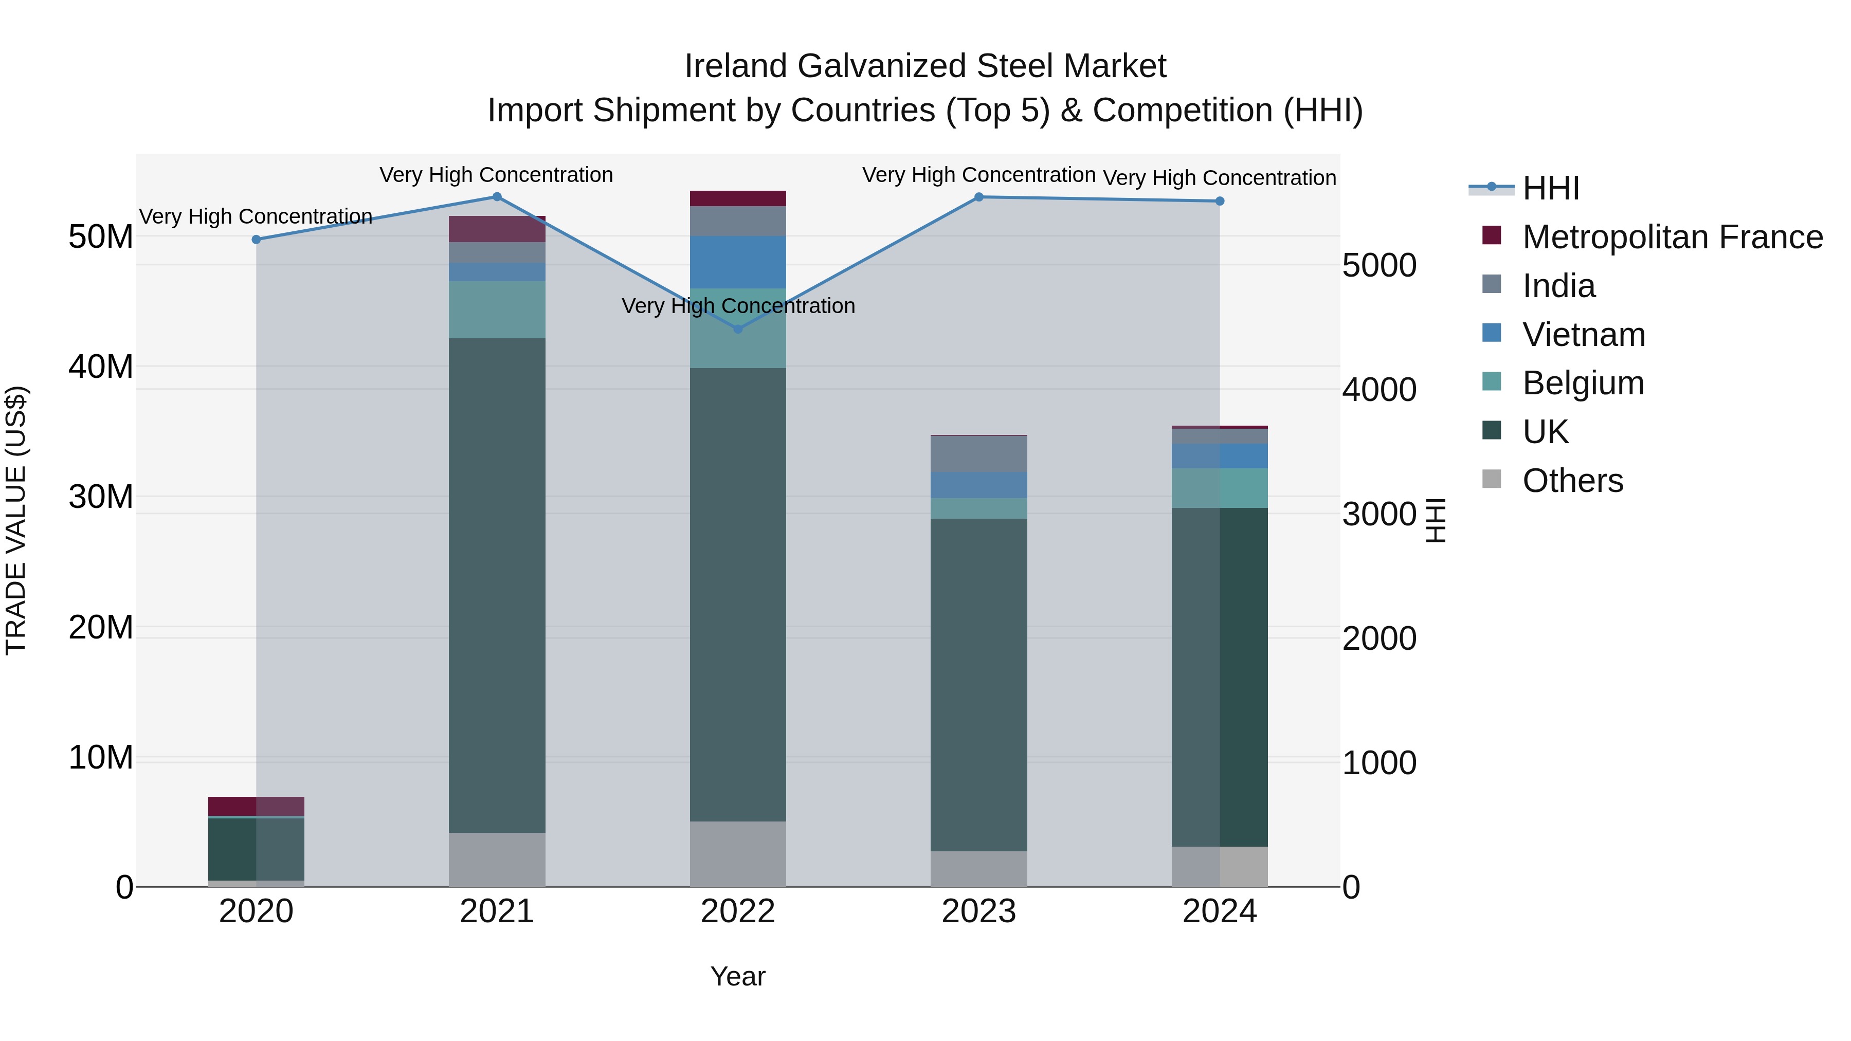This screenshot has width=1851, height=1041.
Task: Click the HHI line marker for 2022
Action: click(737, 329)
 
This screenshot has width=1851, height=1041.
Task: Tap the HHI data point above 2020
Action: click(256, 239)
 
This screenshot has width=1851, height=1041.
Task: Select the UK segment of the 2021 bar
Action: click(497, 585)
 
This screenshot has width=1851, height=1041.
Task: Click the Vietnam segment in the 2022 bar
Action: click(737, 262)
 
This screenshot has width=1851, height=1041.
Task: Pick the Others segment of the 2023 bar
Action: click(978, 869)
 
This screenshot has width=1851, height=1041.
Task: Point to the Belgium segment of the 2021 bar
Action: click(497, 309)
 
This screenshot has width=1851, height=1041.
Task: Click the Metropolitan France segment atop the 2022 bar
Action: click(737, 198)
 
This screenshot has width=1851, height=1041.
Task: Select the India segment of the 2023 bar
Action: click(978, 454)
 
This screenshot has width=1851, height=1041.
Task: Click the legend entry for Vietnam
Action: click(1583, 335)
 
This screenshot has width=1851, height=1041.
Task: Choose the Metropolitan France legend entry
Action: click(1672, 237)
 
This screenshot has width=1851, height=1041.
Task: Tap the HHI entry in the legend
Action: click(1550, 188)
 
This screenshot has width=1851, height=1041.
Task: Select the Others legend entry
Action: click(1572, 481)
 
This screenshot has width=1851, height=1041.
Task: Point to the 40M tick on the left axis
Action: click(101, 367)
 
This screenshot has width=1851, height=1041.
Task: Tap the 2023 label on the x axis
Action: click(978, 911)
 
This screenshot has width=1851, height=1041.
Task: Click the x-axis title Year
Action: click(737, 976)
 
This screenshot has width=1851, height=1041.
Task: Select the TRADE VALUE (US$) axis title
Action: click(16, 520)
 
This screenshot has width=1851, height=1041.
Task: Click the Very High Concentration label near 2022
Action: click(737, 306)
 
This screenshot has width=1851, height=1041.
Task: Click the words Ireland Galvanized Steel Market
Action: click(925, 66)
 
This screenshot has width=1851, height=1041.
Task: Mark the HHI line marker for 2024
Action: click(1220, 201)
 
